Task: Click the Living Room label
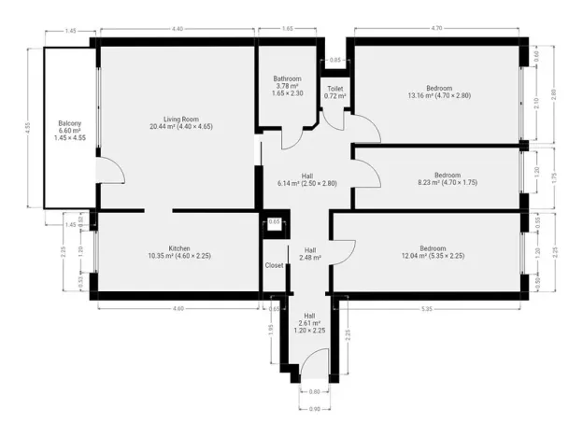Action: [177, 120]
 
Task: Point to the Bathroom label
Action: [286, 78]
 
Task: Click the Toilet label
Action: [335, 89]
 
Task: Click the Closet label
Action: [274, 265]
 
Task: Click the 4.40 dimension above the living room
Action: [177, 31]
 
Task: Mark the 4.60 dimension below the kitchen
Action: [177, 308]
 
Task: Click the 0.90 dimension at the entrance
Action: [314, 409]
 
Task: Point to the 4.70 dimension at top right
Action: [436, 31]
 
